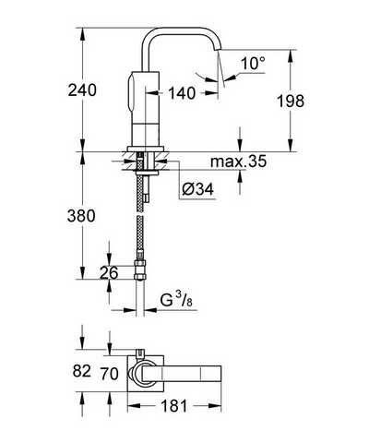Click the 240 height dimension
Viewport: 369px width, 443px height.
[82, 90]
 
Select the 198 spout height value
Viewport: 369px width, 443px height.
[291, 102]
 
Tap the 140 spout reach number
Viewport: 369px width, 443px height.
[182, 93]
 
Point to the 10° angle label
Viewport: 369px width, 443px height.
[253, 64]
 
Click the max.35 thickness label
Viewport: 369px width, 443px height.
[238, 162]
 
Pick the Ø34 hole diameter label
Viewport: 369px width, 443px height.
[197, 189]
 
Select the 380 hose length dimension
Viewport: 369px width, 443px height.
[81, 216]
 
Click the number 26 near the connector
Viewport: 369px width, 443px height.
[109, 273]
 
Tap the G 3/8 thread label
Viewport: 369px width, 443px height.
[176, 300]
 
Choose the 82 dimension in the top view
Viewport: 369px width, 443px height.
[82, 371]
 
